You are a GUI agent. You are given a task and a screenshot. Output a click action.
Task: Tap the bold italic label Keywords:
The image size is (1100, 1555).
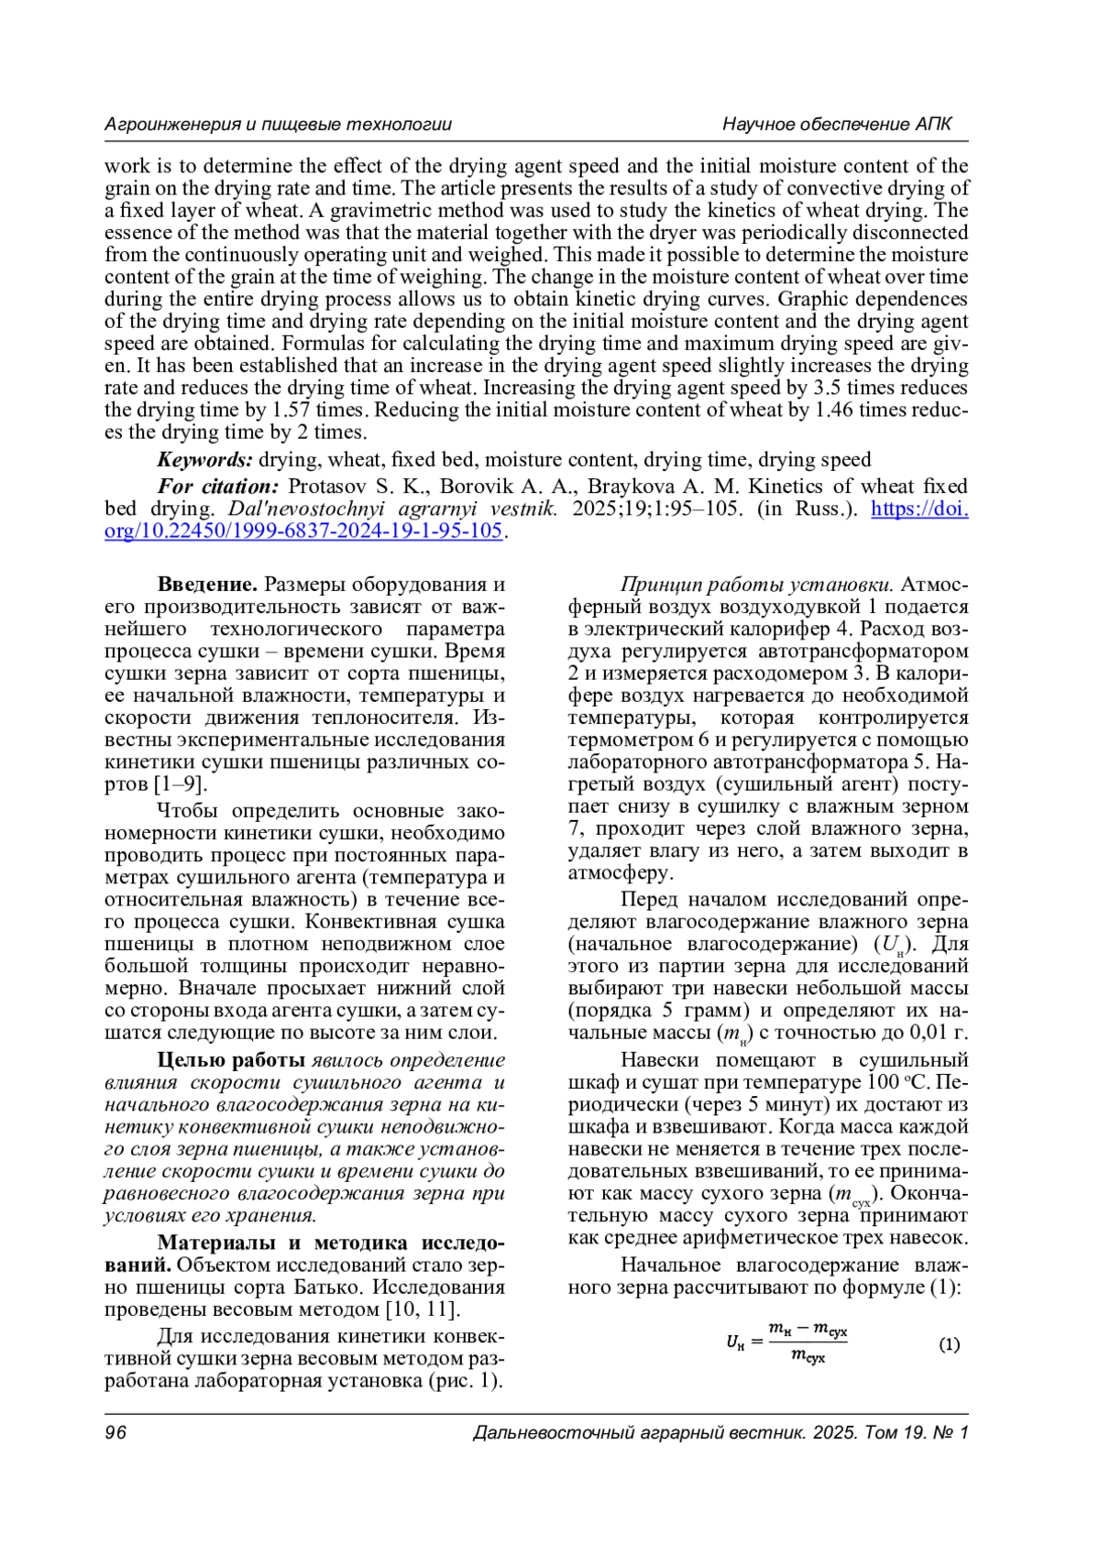pos(204,460)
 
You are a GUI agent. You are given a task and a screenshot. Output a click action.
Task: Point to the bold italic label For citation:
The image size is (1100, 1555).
pos(218,487)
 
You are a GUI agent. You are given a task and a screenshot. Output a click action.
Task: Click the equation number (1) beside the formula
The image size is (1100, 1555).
pos(949,1344)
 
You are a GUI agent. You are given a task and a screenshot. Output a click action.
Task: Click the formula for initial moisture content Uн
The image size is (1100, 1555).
pos(786,1343)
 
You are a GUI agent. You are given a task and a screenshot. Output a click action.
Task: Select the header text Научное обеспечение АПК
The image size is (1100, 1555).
pos(837,125)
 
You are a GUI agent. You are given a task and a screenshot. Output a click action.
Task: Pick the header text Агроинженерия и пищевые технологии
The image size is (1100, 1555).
pos(278,125)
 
